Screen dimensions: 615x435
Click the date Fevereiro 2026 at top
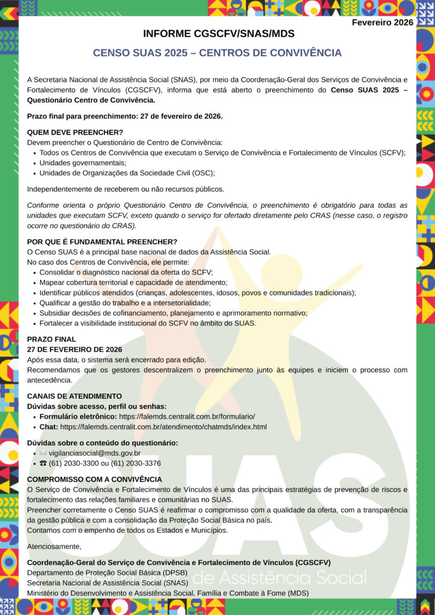382,22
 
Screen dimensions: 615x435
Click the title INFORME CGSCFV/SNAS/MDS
219,34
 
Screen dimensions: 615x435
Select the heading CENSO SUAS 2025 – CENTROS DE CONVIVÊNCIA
217,53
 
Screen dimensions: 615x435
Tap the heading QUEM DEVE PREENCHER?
75,132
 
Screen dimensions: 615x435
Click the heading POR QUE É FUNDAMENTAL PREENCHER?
102,241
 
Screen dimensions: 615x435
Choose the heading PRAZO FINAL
52,339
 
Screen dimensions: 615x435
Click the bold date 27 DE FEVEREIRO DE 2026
75,349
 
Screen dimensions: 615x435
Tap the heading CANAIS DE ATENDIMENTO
75,396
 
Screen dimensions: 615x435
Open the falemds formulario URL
187,416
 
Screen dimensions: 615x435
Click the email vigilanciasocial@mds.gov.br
94,453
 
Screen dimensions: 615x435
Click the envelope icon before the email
43,453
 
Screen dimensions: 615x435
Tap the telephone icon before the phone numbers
43,463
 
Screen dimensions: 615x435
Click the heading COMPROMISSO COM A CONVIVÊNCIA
94,479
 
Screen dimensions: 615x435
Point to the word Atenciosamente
54,546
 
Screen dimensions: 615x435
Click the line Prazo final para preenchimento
125,116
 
